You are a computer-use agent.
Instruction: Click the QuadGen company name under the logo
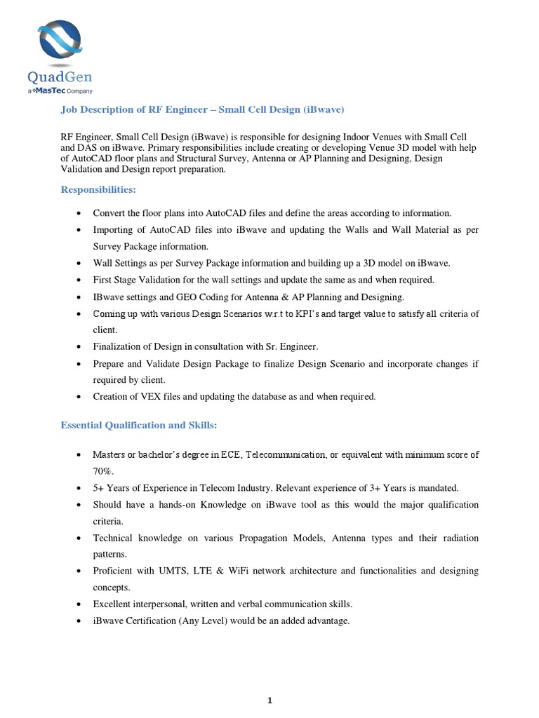(60, 77)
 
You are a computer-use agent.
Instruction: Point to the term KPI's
(293, 314)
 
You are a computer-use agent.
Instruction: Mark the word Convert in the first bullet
(109, 212)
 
